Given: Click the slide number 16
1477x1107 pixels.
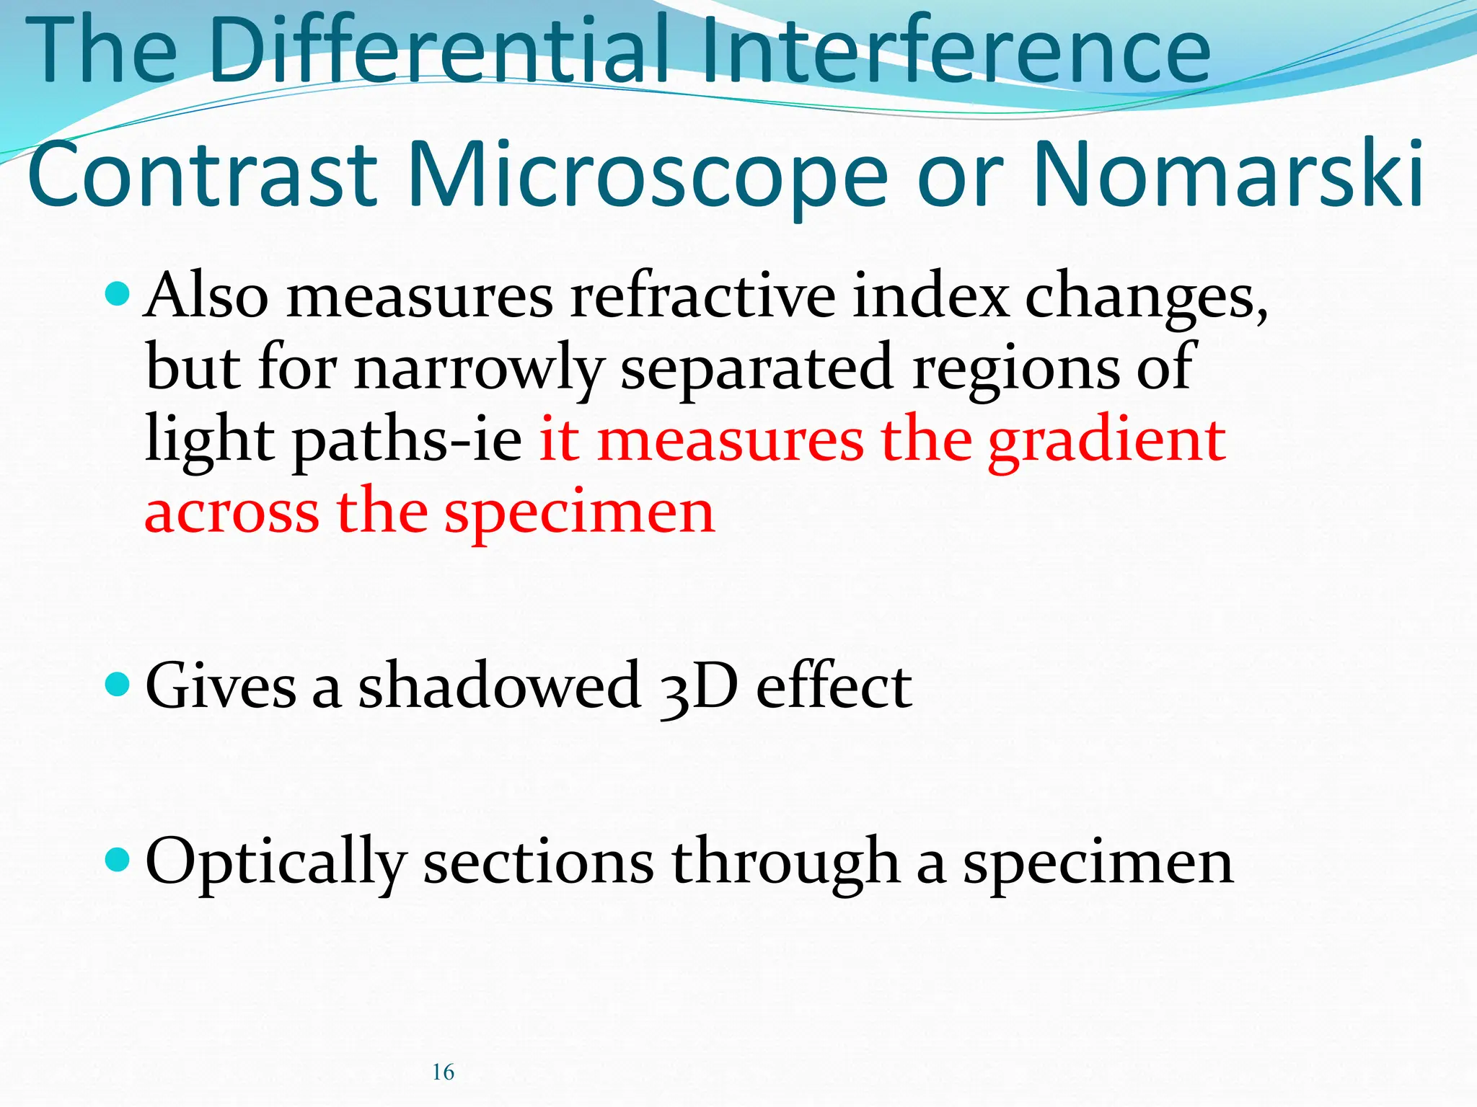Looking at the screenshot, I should coord(443,1072).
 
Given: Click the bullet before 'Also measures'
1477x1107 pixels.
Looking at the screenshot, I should coord(117,293).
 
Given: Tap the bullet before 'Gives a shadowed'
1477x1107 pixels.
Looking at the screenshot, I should coord(117,683).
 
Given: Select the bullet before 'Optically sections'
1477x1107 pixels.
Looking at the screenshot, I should coord(117,858).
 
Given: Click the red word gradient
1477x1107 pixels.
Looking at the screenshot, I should coord(1106,441).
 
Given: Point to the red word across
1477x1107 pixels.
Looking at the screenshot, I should coord(232,513).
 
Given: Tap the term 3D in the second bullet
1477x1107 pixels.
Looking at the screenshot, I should coord(698,687).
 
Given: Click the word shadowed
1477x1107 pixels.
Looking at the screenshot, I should coord(499,685).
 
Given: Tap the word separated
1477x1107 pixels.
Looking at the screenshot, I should coord(757,369).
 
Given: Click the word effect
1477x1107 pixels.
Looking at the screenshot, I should coord(834,685).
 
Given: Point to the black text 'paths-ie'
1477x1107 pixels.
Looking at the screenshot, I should coord(406,441).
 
